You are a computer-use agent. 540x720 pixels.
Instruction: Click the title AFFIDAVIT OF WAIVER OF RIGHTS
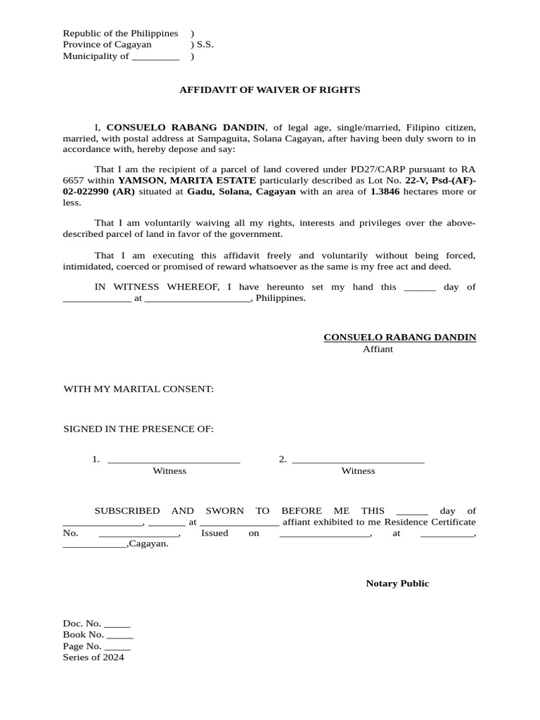tap(269, 90)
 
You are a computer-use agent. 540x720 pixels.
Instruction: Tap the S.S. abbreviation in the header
tap(205, 44)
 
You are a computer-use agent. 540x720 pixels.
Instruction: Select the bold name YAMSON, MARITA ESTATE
tap(186, 181)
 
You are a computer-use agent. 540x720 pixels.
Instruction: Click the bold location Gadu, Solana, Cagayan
tap(241, 192)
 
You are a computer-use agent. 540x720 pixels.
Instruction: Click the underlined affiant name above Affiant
tap(399, 337)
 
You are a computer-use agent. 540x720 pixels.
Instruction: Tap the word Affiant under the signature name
tap(378, 349)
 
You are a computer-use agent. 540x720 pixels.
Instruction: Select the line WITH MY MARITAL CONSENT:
tap(139, 389)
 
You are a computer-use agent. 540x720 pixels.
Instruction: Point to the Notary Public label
tap(397, 584)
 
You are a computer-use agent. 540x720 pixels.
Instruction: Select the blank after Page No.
tap(117, 647)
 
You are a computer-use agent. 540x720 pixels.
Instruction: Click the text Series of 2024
tap(94, 657)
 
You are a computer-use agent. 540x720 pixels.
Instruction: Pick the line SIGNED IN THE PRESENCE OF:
tap(139, 429)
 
